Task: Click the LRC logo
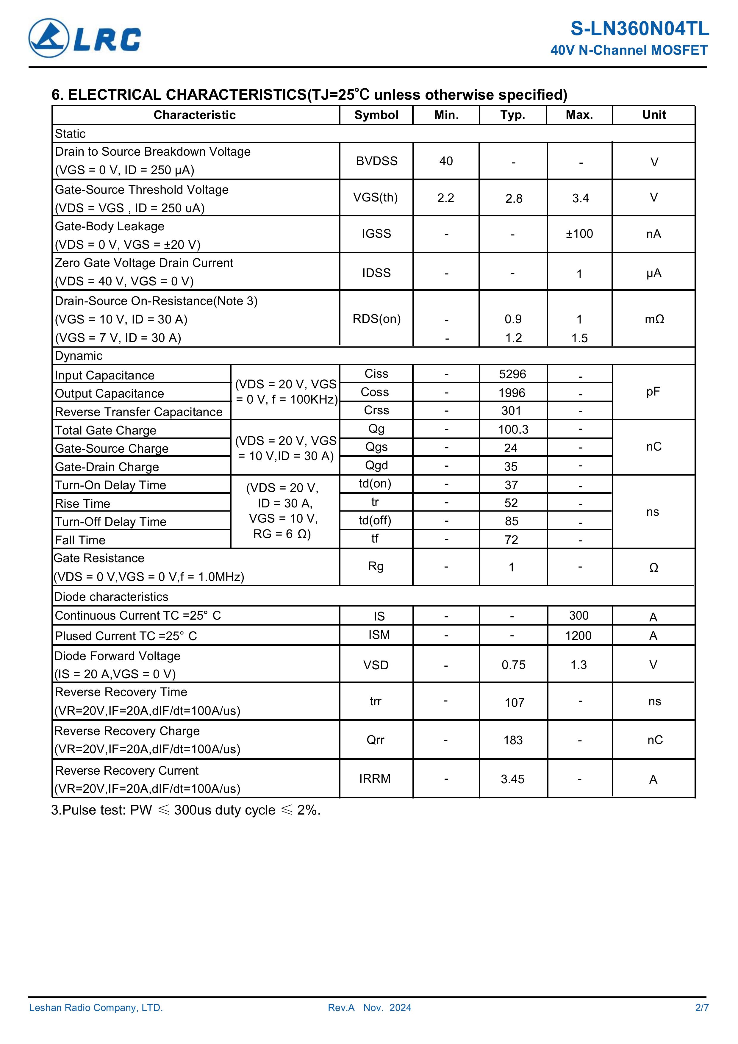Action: [85, 38]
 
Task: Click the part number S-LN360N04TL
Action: [639, 29]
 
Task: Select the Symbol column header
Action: [376, 115]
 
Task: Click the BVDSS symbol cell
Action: [376, 161]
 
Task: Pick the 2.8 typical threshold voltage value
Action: [513, 198]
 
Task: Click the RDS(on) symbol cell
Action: [376, 319]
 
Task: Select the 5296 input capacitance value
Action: [512, 374]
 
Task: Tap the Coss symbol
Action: [375, 392]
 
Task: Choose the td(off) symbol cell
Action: [375, 520]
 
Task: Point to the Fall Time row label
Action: [80, 540]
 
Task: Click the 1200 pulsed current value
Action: [578, 636]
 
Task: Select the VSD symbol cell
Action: [376, 665]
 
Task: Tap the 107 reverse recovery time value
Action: [514, 703]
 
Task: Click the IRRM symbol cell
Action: [375, 779]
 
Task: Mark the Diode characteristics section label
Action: [111, 597]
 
